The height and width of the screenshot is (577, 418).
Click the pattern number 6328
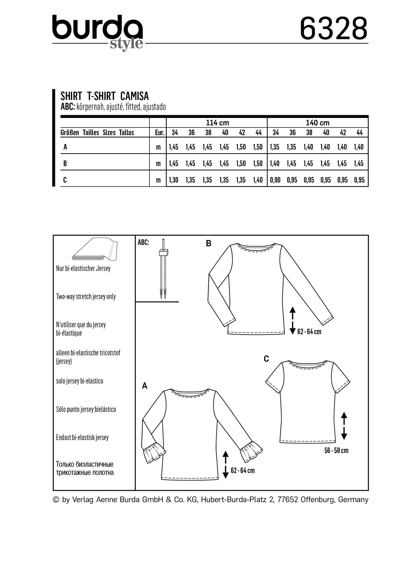click(x=334, y=29)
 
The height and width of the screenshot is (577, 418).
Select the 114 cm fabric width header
click(x=217, y=123)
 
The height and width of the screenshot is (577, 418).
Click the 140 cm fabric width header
click(x=318, y=123)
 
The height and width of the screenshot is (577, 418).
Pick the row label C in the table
click(x=65, y=180)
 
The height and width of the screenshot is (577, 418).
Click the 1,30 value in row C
click(x=174, y=180)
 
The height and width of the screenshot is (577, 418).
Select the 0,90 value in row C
click(x=275, y=180)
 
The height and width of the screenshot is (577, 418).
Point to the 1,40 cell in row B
click(x=275, y=163)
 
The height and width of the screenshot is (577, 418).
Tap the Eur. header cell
click(x=159, y=133)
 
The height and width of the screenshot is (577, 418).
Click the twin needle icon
click(x=163, y=269)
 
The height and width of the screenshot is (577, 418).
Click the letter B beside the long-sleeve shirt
click(x=209, y=244)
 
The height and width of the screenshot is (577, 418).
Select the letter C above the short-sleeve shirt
click(x=266, y=359)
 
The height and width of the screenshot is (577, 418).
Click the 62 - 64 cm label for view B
click(x=309, y=332)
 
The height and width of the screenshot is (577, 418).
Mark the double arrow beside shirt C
click(x=344, y=426)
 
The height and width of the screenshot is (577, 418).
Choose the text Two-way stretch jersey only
click(x=86, y=297)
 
